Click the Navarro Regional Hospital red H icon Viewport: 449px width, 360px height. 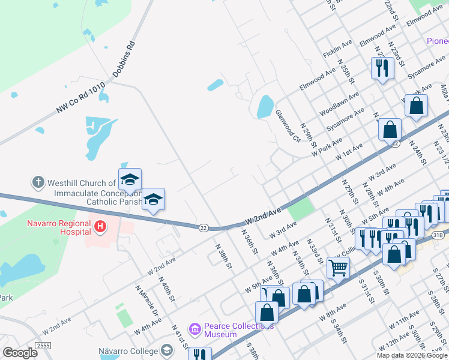[x=100, y=227]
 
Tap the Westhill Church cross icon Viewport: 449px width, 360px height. [x=37, y=181]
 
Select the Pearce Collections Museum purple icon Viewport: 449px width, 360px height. [x=194, y=329]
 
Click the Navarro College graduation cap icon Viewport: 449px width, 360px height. [x=167, y=350]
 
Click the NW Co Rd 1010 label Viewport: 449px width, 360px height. [x=81, y=97]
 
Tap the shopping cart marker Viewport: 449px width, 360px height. [x=339, y=267]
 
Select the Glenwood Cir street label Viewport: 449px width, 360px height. [x=287, y=126]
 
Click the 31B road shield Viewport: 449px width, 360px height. [x=438, y=235]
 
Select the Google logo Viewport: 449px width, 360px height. [x=20, y=353]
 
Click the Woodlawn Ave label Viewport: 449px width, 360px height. [x=339, y=104]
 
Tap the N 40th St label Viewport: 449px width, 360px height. [x=166, y=289]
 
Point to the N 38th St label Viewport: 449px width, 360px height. [x=224, y=255]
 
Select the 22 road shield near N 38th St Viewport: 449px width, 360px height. [x=203, y=227]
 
